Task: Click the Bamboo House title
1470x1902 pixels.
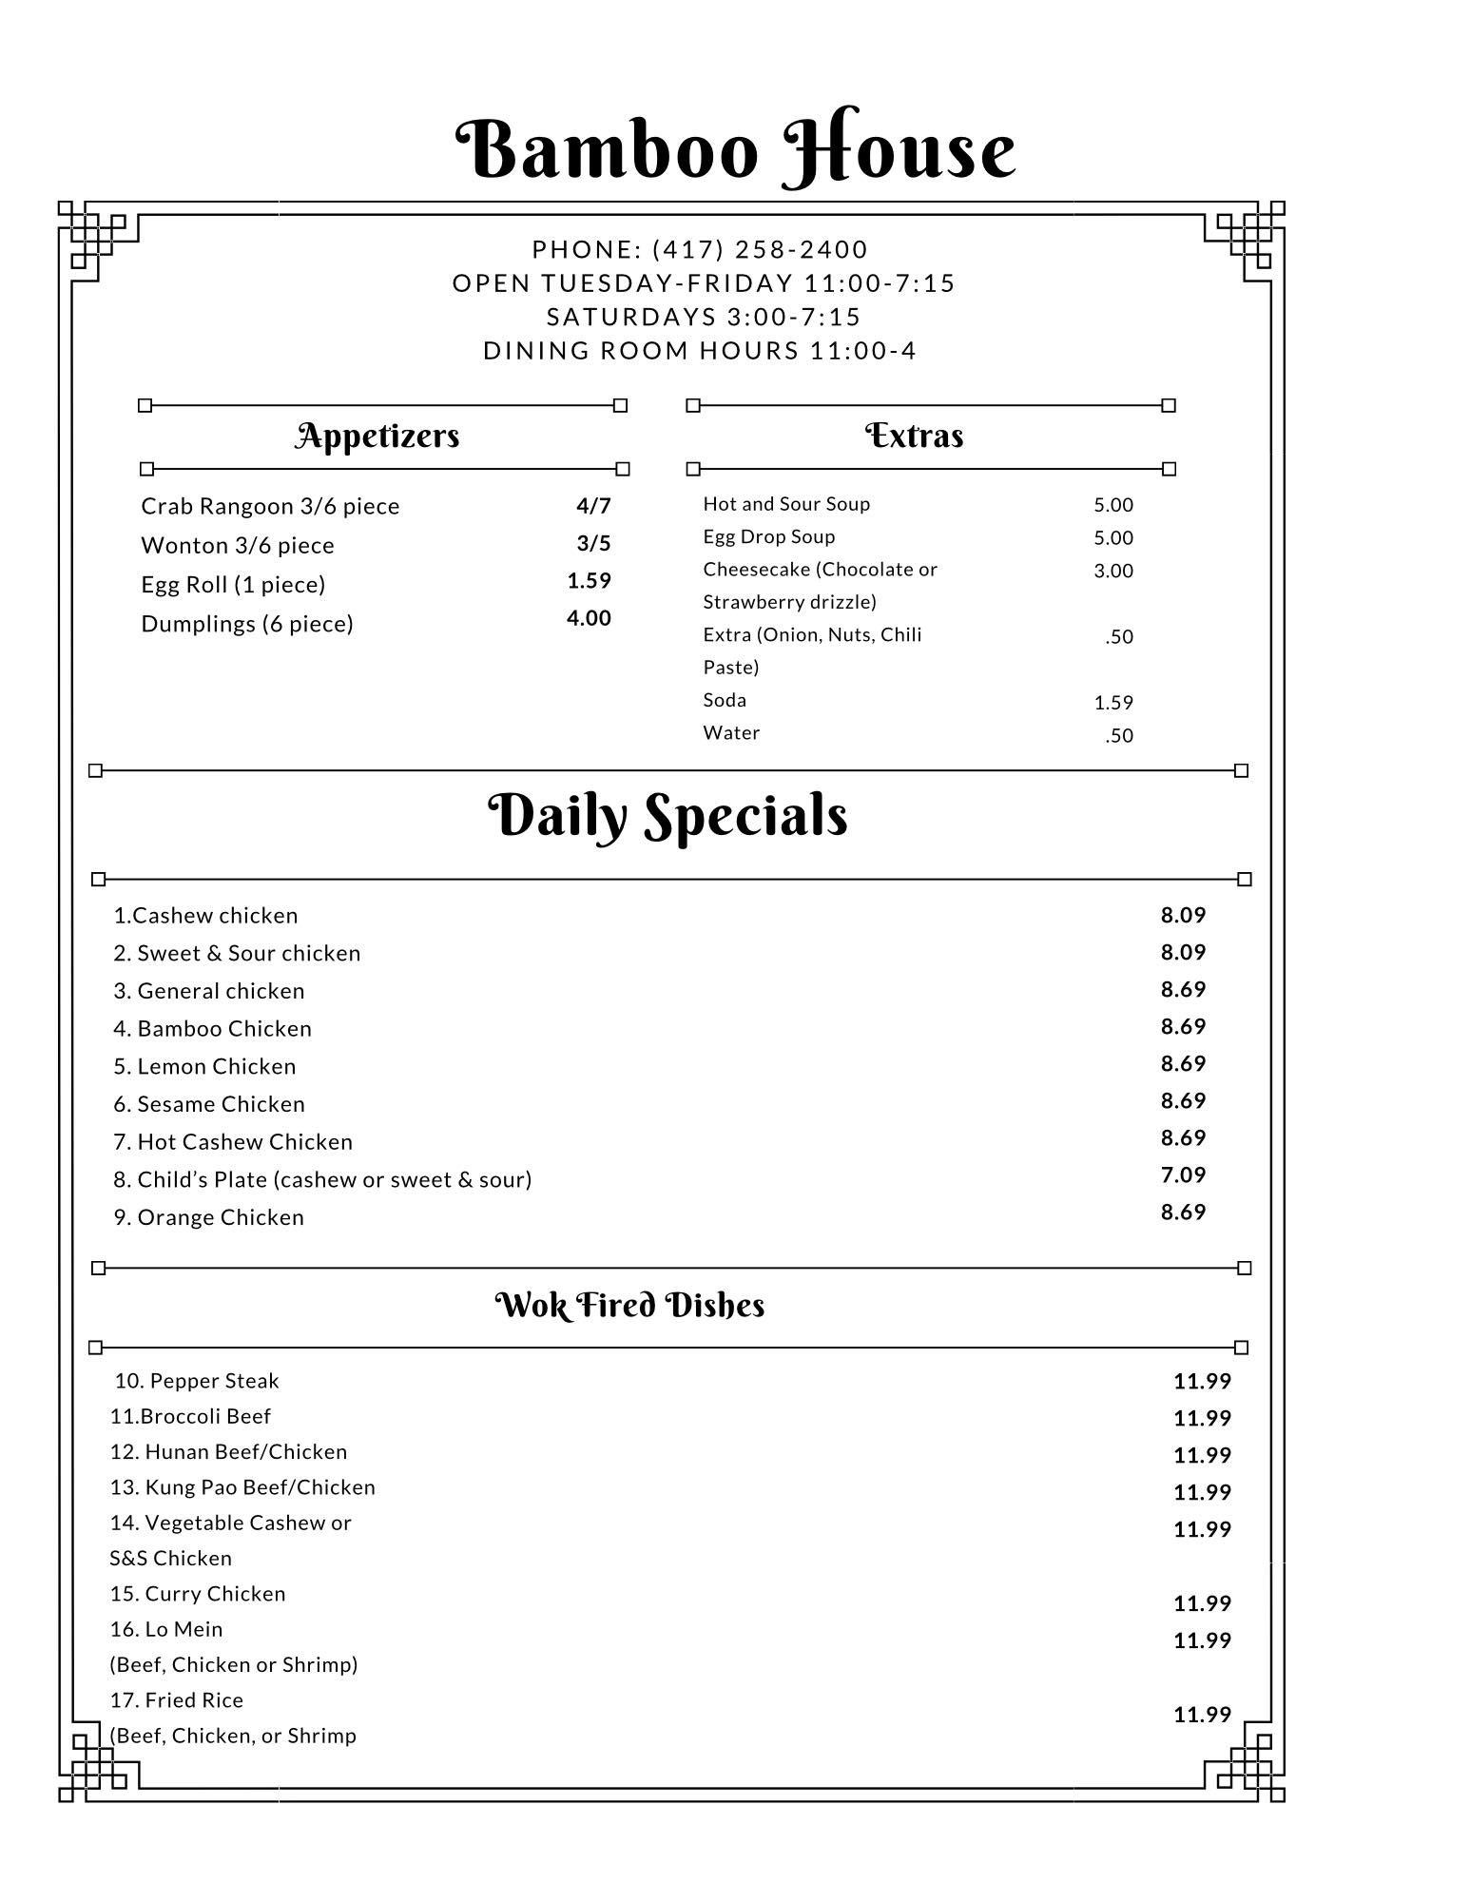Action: (x=735, y=150)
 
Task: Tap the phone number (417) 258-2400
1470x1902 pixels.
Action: (x=760, y=249)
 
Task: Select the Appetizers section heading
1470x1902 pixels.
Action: (x=377, y=436)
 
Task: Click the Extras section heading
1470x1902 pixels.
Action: (x=914, y=436)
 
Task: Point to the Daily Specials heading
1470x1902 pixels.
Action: (x=667, y=816)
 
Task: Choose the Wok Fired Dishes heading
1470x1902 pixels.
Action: (x=629, y=1305)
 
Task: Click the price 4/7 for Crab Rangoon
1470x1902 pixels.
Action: (x=593, y=505)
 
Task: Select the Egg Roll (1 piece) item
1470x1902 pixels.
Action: (x=233, y=584)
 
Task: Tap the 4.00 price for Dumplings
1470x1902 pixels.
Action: (x=589, y=618)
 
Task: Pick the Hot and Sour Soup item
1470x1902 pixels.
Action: (x=786, y=504)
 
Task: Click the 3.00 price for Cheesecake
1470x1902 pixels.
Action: (x=1112, y=571)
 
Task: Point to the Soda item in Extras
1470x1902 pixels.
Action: (x=725, y=700)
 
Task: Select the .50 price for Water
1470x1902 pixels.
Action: (x=1118, y=735)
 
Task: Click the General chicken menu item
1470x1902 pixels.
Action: (x=209, y=991)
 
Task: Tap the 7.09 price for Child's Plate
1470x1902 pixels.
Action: (x=1183, y=1174)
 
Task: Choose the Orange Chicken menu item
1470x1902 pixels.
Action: (x=209, y=1217)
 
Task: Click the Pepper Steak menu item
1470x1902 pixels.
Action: (x=197, y=1381)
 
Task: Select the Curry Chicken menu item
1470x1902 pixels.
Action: (x=198, y=1594)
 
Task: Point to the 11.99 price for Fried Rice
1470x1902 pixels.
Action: (x=1202, y=1715)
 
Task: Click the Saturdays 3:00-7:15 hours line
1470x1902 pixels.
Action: (x=704, y=317)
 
